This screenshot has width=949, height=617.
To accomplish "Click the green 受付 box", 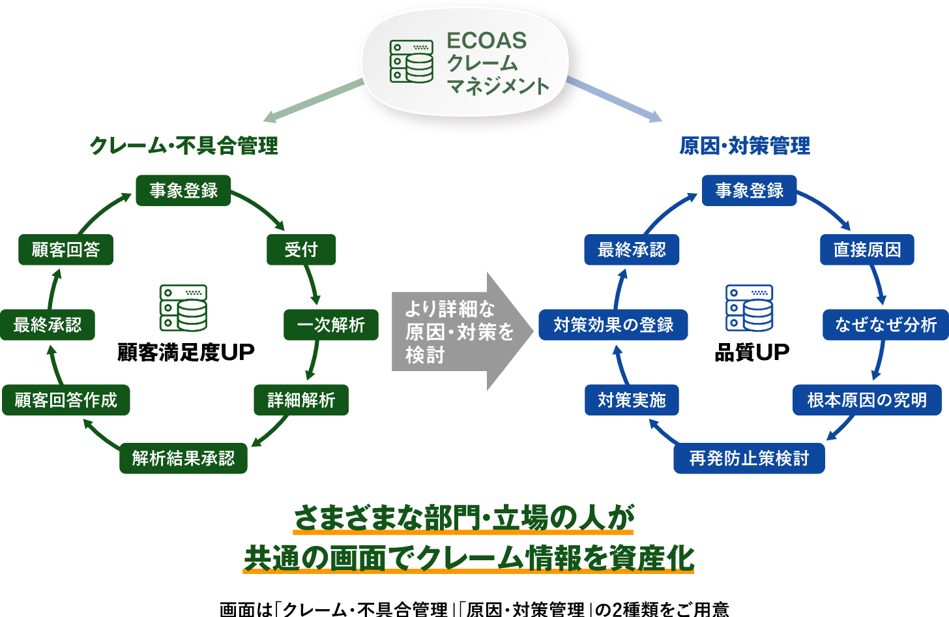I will coord(301,250).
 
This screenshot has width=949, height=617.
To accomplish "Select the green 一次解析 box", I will coord(330,325).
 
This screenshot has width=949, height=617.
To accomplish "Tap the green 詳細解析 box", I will coord(301,400).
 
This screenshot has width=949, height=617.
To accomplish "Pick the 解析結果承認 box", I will coord(183,458).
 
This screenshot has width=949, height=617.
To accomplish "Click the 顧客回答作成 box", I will coord(66,400).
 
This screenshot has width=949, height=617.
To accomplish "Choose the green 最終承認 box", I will coord(48,325).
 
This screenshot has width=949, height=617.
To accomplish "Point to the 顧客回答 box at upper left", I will coord(66,250).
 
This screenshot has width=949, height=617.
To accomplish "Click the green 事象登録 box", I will coord(183,190).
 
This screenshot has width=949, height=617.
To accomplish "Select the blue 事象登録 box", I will coord(749,190).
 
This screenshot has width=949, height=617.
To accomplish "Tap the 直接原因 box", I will coord(867,250).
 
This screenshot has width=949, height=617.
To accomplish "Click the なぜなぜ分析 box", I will coord(886,325).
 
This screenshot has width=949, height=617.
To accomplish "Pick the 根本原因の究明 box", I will coord(867,400).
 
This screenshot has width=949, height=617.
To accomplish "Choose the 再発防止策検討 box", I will coord(749,458).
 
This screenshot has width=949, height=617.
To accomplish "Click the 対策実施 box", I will coord(632,400).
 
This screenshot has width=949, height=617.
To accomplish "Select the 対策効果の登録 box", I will coord(613,325).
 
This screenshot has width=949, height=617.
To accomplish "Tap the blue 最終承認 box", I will coord(632,250).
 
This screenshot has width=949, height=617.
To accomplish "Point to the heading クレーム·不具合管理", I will coord(184,145).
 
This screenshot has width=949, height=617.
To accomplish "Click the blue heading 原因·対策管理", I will coord(744,145).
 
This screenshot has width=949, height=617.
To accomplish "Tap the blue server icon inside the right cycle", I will coord(749,308).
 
